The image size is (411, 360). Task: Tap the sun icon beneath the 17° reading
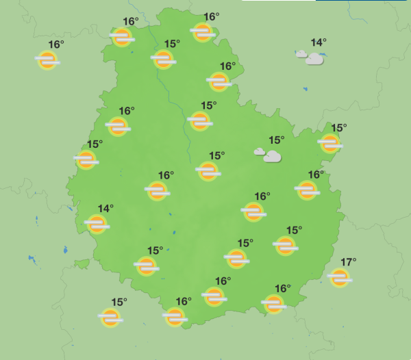tap(339, 277)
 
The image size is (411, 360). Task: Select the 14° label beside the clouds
tap(319, 43)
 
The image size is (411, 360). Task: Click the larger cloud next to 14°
tap(314, 60)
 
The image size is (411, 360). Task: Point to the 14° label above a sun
tap(105, 209)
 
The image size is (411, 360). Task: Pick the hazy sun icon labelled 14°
tap(97, 223)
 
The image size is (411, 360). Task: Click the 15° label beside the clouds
tap(276, 140)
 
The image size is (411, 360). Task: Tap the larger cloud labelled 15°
tap(272, 157)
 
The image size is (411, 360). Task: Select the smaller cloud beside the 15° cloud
tap(259, 151)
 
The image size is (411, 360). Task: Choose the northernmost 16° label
tap(212, 17)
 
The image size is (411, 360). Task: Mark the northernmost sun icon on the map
tap(202, 31)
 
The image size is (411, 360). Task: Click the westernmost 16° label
tap(56, 45)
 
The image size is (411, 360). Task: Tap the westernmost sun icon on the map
tap(47, 60)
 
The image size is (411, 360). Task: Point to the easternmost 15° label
tap(339, 128)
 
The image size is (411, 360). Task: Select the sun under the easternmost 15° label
tap(330, 143)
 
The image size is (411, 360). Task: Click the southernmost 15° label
tap(119, 302)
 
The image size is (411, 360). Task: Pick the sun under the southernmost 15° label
tap(110, 318)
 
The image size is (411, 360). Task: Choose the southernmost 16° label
tap(184, 301)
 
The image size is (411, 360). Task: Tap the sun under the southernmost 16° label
tap(175, 316)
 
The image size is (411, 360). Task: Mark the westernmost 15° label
tap(95, 144)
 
